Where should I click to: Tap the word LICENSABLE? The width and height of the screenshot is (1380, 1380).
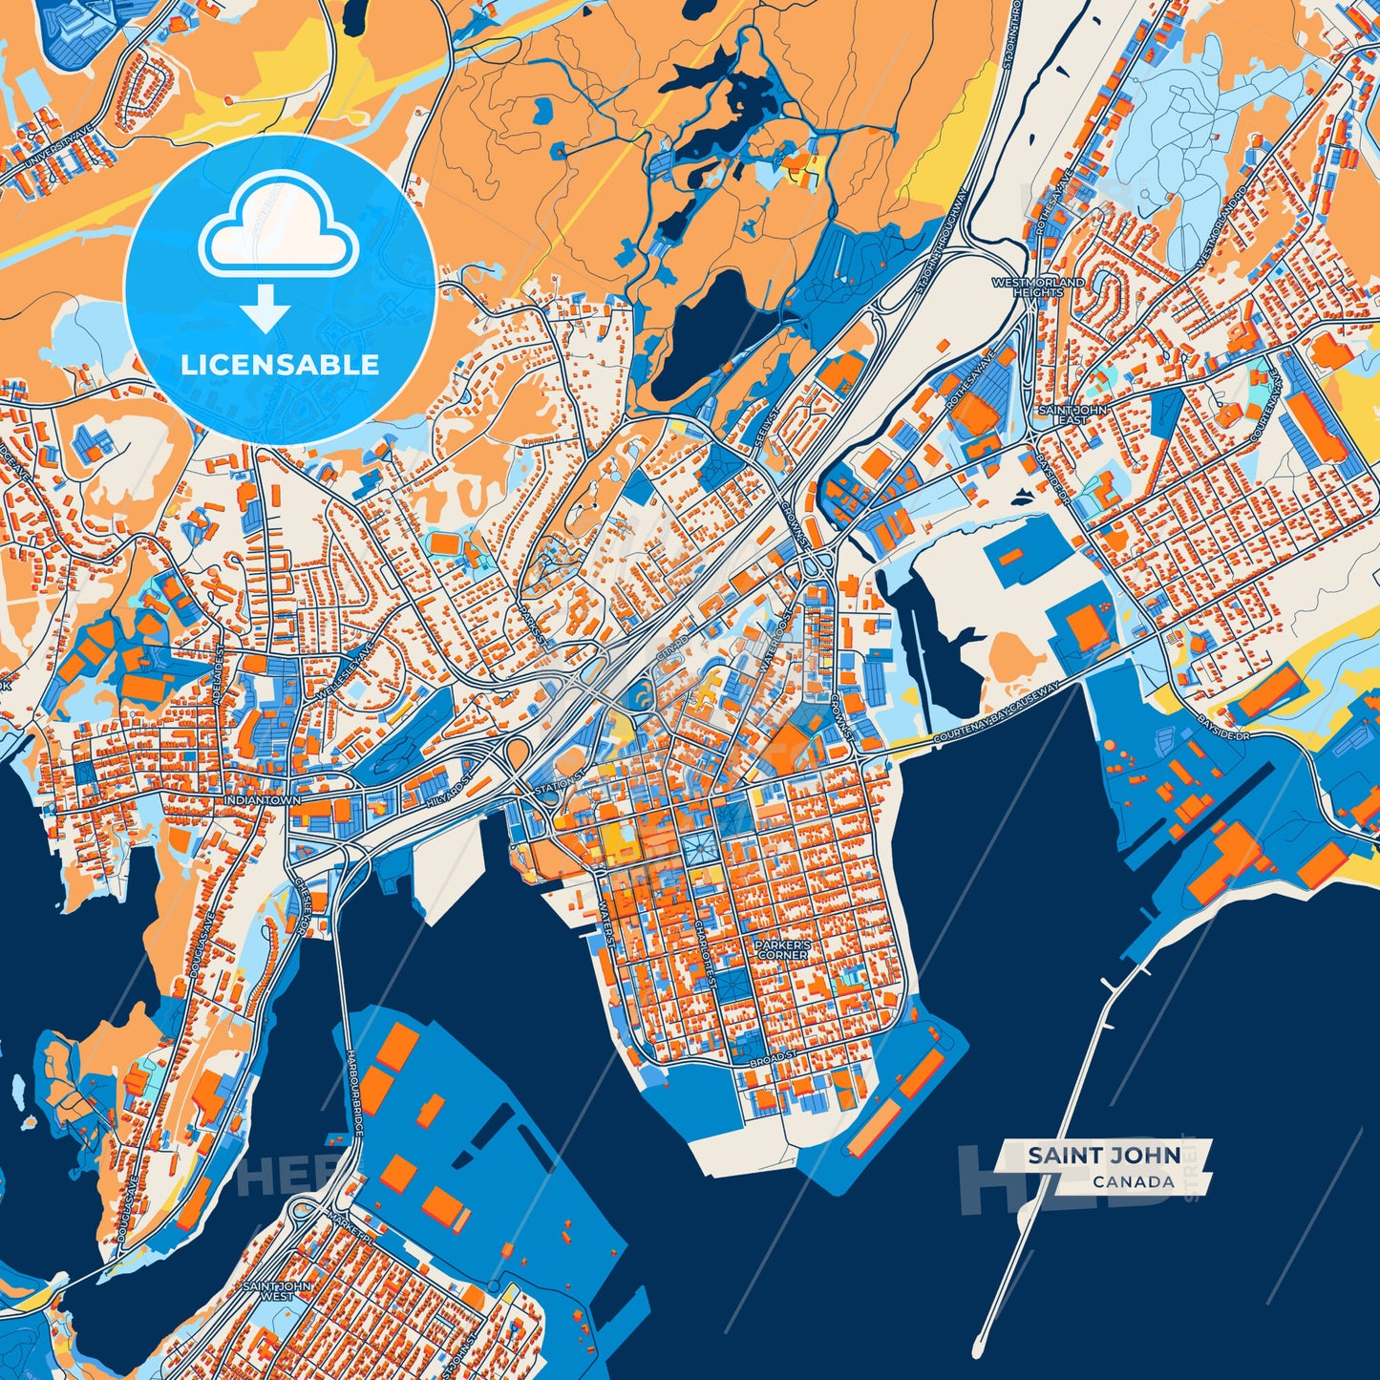click(x=280, y=365)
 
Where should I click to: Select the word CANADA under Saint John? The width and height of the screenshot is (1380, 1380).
click(x=1134, y=1182)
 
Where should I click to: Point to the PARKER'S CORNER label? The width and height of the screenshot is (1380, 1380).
click(x=783, y=949)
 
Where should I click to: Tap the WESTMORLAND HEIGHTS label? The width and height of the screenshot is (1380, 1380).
click(x=1038, y=287)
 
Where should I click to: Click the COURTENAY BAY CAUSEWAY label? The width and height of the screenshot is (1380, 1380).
click(x=996, y=715)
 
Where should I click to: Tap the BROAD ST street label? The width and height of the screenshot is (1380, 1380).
click(x=773, y=1061)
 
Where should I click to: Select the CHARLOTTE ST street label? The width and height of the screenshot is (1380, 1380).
click(x=705, y=945)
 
